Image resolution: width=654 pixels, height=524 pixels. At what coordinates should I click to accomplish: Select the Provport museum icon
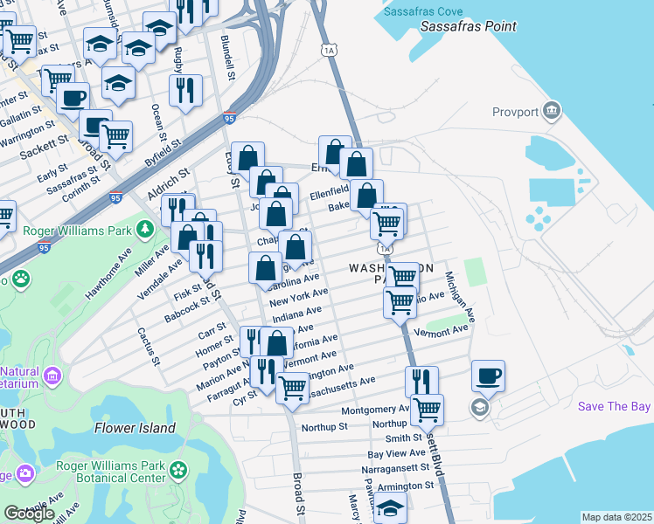pyautogui.click(x=552, y=111)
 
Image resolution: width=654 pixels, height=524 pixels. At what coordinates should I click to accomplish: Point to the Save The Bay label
pyautogui.click(x=615, y=407)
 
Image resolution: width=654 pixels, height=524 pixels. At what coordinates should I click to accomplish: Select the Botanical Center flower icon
pyautogui.click(x=179, y=471)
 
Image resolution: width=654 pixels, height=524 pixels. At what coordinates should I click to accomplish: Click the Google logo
pyautogui.click(x=29, y=514)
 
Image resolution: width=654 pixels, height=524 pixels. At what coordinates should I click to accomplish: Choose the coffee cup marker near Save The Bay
pyautogui.click(x=488, y=377)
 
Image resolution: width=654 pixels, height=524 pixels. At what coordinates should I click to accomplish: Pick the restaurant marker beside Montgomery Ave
pyautogui.click(x=421, y=382)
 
